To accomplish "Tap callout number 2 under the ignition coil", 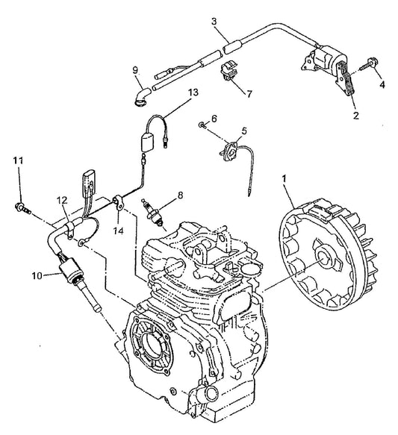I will click(x=355, y=116).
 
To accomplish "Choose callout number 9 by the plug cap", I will click(x=134, y=70).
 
